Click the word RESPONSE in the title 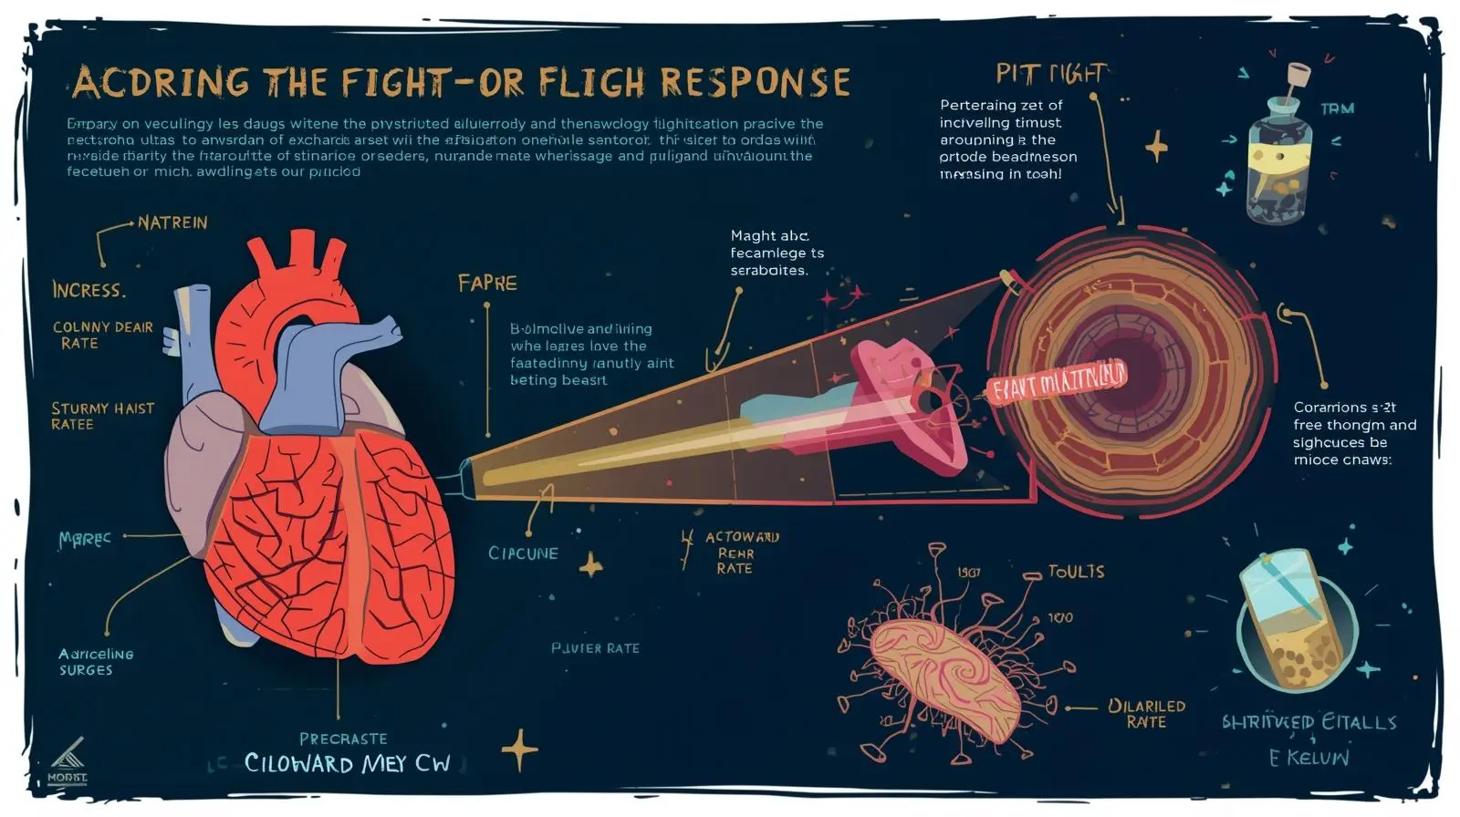[x=755, y=82]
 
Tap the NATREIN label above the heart [x=172, y=222]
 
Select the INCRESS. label [x=89, y=290]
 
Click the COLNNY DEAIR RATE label [x=102, y=335]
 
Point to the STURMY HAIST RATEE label [x=102, y=416]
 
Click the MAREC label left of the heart [x=85, y=539]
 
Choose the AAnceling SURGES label [x=95, y=662]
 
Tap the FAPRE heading [x=487, y=283]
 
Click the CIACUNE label [x=523, y=553]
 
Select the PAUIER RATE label [x=595, y=648]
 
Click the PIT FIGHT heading [x=1050, y=73]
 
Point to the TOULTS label [x=1076, y=572]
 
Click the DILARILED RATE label [x=1146, y=714]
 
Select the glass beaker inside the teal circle [x=1295, y=620]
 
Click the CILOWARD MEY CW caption [x=347, y=763]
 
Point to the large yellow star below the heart [x=519, y=750]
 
